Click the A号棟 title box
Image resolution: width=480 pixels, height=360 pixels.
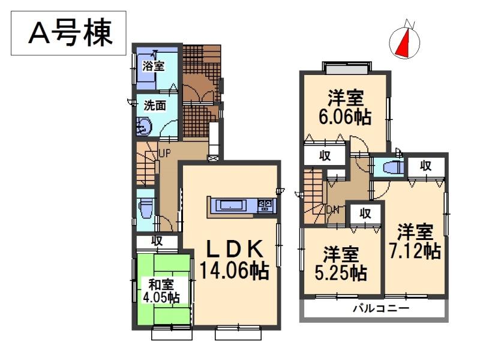(x=70, y=33)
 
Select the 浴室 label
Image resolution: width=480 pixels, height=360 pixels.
(x=154, y=66)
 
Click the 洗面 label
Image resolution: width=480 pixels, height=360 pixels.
(x=154, y=106)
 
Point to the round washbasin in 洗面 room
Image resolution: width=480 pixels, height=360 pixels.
(x=145, y=126)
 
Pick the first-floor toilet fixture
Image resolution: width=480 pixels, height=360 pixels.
(x=145, y=208)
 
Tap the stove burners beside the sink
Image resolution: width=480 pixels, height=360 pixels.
(x=265, y=206)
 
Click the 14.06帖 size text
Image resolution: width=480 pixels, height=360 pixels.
(x=234, y=271)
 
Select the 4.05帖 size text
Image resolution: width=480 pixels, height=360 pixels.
(x=158, y=297)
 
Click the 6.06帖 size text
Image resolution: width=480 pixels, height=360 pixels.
(x=346, y=117)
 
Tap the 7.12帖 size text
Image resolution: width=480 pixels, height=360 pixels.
(x=416, y=250)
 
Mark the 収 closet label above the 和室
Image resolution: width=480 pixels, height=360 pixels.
(x=157, y=241)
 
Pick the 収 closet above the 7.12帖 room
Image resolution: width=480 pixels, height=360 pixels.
(x=425, y=166)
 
